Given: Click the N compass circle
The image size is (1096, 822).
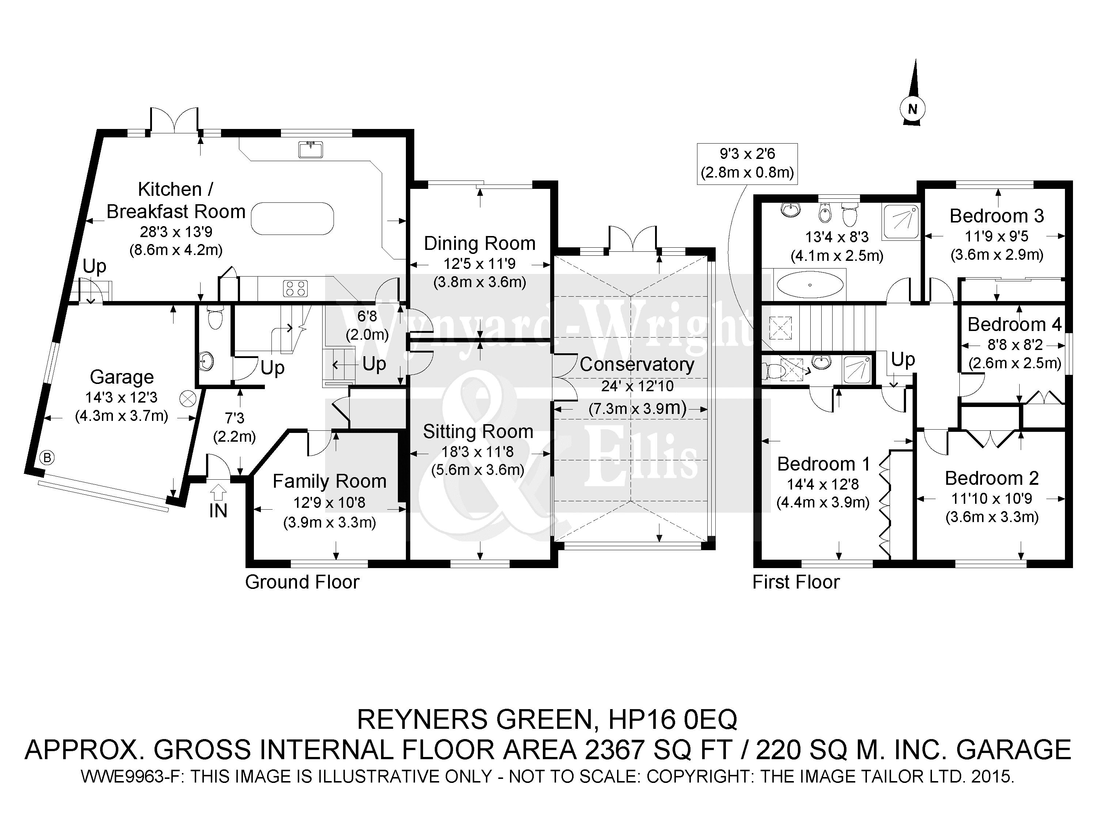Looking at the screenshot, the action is tap(912, 109).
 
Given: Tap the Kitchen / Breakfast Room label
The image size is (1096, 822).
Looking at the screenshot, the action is tap(176, 200).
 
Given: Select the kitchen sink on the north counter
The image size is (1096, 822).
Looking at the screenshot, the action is tap(311, 149).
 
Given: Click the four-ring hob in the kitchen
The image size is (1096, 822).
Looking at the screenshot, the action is tap(295, 288).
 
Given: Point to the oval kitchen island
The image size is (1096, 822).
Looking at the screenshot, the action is tap(292, 218).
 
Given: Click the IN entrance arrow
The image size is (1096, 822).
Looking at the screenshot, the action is tap(218, 502).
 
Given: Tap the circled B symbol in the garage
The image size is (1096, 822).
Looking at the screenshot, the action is tap(47, 457).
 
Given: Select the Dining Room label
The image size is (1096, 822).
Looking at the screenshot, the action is tap(480, 243).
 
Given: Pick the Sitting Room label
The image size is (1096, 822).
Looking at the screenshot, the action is tap(478, 431).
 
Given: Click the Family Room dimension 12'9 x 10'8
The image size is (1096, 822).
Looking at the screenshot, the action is tap(329, 502).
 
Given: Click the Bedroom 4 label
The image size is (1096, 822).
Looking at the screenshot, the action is tap(1014, 324).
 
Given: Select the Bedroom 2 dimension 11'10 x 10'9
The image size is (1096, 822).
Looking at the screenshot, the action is tap(992, 498).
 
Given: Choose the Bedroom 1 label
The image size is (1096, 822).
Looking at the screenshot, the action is tap(823, 464).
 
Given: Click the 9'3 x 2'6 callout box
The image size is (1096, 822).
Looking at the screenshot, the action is tap(747, 164).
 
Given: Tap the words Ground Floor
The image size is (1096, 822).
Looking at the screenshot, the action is tap(302, 582).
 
